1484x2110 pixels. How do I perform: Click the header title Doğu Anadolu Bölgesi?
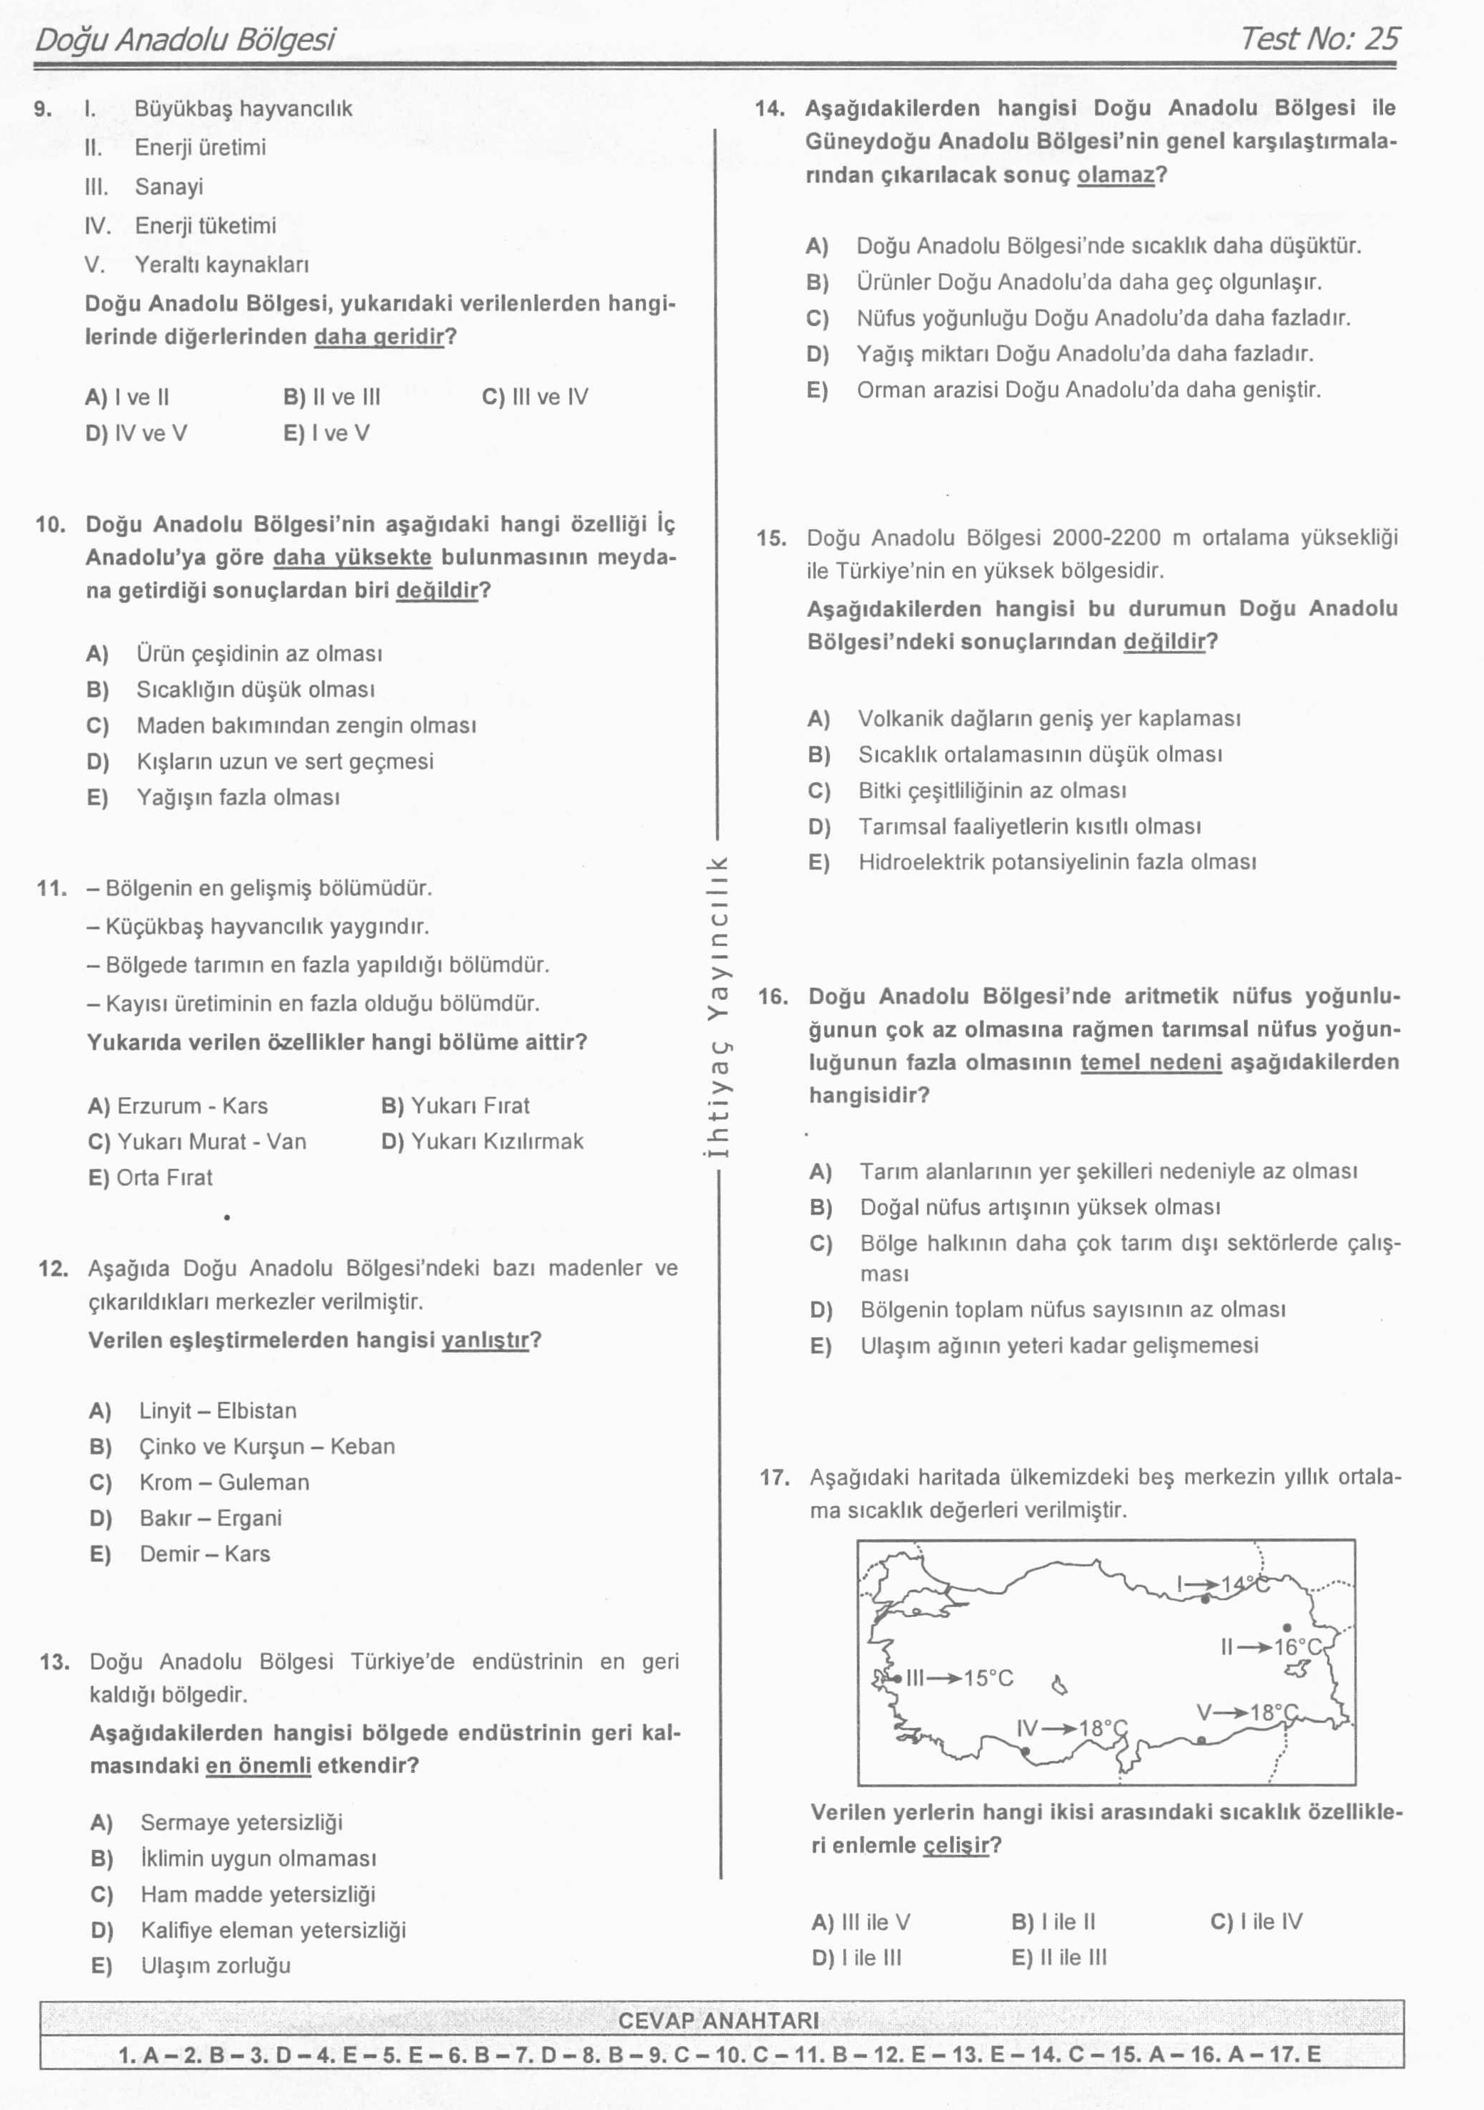(x=184, y=39)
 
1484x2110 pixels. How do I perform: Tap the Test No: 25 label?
(x=1319, y=38)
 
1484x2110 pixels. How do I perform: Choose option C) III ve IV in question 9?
(x=535, y=397)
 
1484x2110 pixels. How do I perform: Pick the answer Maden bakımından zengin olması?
(x=306, y=725)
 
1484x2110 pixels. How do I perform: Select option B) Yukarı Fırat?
(x=455, y=1106)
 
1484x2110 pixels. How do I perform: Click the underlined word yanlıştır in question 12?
(x=485, y=1340)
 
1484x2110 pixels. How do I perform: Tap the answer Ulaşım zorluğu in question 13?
(x=215, y=1965)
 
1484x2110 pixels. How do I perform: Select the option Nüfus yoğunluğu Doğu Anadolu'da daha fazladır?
(x=1102, y=318)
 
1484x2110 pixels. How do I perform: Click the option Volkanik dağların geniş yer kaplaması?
(x=1048, y=718)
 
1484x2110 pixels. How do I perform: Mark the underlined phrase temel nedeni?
(x=1151, y=1062)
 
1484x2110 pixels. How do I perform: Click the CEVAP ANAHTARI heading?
(x=718, y=2021)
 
